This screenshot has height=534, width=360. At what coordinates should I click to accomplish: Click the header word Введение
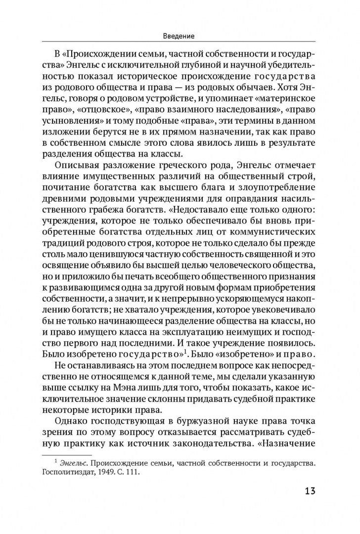coord(179,36)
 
